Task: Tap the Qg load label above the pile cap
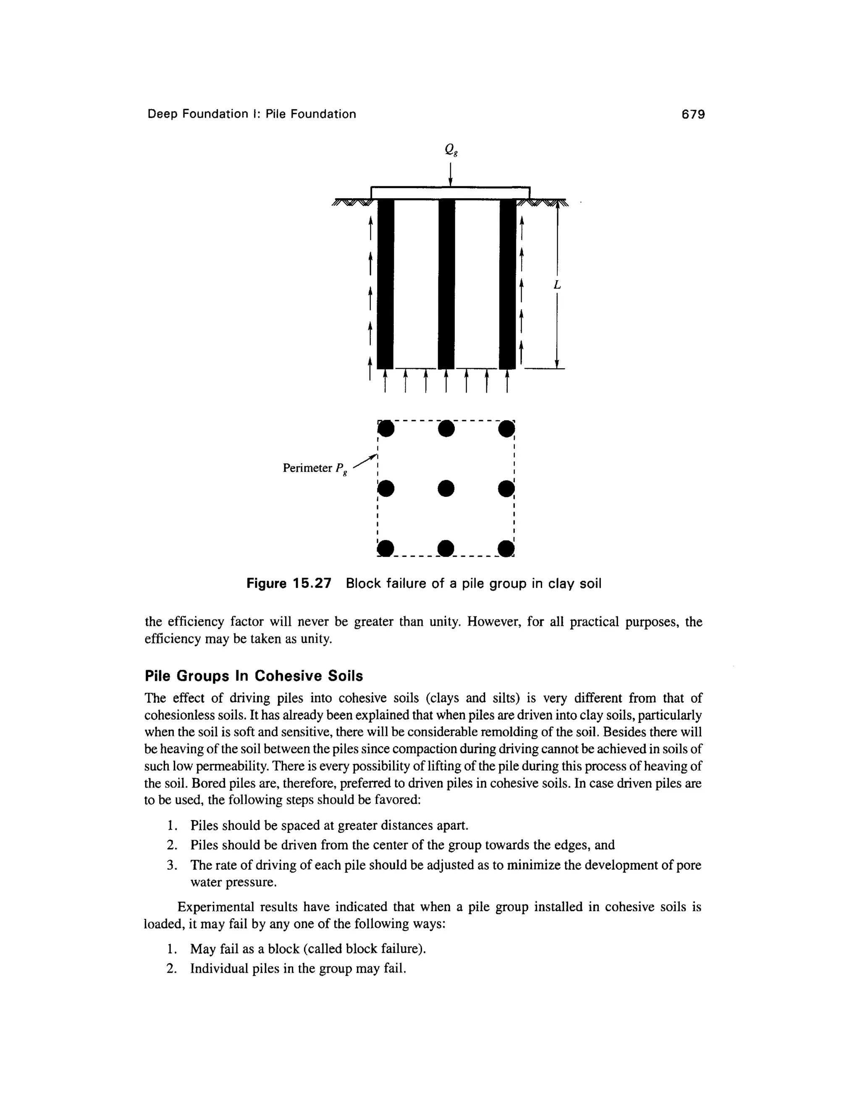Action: (450, 150)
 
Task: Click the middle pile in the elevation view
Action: (446, 283)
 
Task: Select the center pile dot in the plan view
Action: (446, 488)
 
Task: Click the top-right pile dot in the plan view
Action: (506, 428)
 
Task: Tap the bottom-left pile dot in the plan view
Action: (386, 548)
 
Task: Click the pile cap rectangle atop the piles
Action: (451, 193)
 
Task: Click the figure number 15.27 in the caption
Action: (310, 583)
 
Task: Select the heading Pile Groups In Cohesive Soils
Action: (254, 676)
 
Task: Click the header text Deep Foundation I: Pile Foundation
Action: (252, 114)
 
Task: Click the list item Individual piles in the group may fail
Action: (298, 968)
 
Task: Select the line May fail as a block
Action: (308, 948)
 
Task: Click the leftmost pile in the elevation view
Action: (385, 283)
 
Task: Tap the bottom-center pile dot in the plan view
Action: (446, 548)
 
